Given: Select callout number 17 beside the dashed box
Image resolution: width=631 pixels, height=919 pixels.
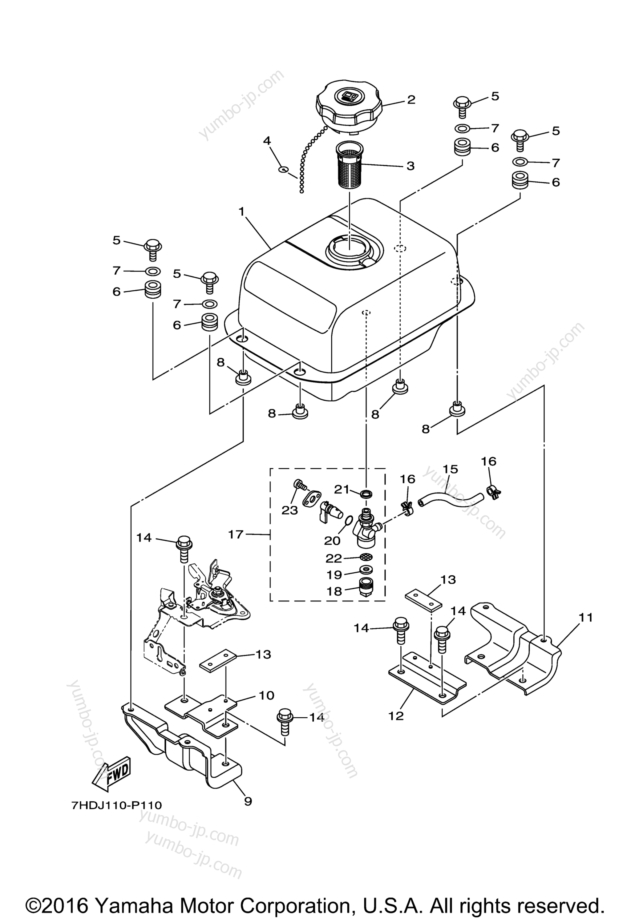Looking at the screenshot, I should click(236, 535).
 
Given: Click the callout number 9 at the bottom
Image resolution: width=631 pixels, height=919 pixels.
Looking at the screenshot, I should click(248, 802).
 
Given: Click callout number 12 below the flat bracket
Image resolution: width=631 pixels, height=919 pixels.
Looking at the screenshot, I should click(396, 715).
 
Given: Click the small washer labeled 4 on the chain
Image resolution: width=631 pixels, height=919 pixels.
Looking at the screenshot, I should click(282, 170).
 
